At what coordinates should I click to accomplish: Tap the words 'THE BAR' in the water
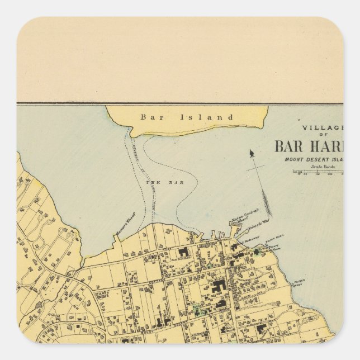point(153,182)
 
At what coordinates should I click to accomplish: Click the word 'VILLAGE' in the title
point(325,127)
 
